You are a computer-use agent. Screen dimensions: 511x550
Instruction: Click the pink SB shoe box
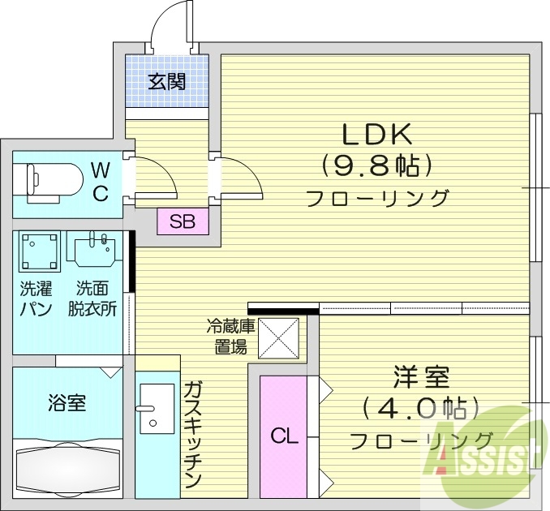183,221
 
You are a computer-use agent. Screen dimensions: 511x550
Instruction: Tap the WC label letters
100,182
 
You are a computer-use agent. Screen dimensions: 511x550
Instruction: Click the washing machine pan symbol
40,251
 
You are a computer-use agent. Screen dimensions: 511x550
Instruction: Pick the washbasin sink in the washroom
95,251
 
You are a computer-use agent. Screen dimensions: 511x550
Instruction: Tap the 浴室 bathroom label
67,402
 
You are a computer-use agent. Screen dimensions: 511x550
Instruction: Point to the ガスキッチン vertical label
192,434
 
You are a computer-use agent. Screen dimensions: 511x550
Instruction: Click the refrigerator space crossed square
279,337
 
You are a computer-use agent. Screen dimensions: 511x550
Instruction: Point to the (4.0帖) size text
421,406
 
